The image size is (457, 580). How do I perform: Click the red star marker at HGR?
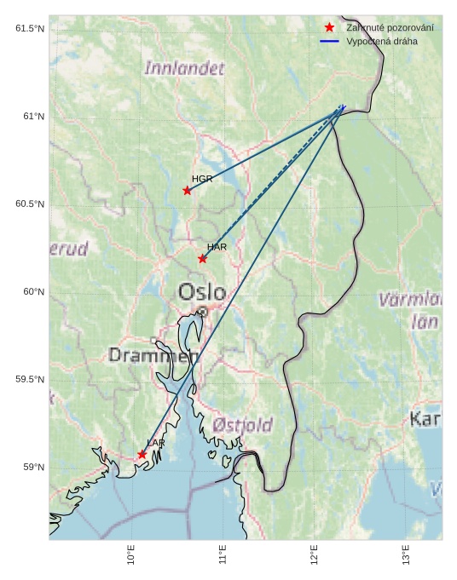(x=188, y=190)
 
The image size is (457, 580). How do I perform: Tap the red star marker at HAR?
(x=202, y=259)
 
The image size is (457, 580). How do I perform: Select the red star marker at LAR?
(x=142, y=455)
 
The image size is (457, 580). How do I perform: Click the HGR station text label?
(x=202, y=179)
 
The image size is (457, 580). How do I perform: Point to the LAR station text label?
(x=155, y=443)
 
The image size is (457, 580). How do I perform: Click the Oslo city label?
(x=202, y=293)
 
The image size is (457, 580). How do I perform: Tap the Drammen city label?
(x=153, y=355)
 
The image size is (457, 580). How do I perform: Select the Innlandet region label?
(x=185, y=68)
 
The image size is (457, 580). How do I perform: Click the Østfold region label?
(x=243, y=424)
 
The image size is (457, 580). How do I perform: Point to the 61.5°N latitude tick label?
(x=30, y=29)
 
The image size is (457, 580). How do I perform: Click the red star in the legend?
(x=329, y=28)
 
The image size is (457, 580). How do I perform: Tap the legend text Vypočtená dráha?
(x=382, y=41)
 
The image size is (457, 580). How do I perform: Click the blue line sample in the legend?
(x=329, y=41)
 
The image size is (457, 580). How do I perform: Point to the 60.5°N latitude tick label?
(x=30, y=204)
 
